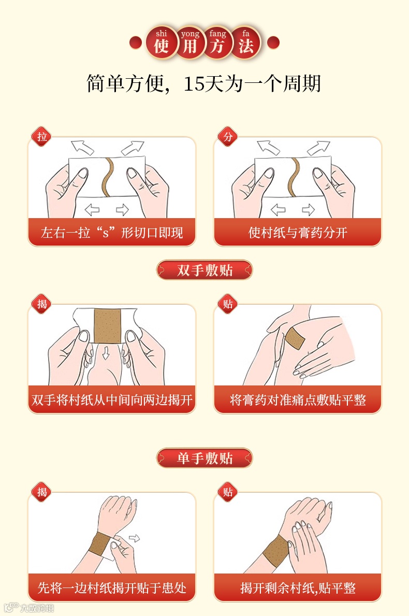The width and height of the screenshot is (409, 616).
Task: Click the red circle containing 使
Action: pyautogui.click(x=162, y=42)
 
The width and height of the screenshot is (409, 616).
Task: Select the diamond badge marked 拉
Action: pyautogui.click(x=41, y=137)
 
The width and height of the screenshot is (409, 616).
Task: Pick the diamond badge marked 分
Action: pyautogui.click(x=228, y=137)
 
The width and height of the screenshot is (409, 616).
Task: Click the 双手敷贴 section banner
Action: pyautogui.click(x=204, y=270)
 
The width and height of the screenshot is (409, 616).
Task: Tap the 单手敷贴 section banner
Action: pyautogui.click(x=204, y=458)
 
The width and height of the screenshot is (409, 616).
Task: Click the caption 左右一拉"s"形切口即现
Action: pyautogui.click(x=112, y=233)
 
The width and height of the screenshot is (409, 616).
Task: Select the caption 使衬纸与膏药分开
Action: pyautogui.click(x=298, y=233)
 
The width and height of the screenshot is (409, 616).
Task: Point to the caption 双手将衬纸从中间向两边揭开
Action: pyautogui.click(x=112, y=400)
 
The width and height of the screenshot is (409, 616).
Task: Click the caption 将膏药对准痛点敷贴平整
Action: pyautogui.click(x=298, y=400)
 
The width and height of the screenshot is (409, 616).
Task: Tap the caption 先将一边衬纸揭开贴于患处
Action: pyautogui.click(x=112, y=588)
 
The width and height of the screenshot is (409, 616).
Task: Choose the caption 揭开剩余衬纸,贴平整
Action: pyautogui.click(x=298, y=588)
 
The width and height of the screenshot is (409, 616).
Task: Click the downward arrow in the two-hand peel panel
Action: pyautogui.click(x=106, y=353)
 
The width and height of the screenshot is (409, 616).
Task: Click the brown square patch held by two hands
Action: pyautogui.click(x=107, y=326)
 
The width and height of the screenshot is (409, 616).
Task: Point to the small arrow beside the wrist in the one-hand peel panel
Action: pyautogui.click(x=134, y=538)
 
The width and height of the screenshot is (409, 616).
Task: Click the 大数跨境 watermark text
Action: pyautogui.click(x=37, y=608)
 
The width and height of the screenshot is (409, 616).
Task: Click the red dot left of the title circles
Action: pyautogui.click(x=136, y=42)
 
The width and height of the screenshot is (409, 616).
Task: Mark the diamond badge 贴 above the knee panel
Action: pyautogui.click(x=228, y=304)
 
